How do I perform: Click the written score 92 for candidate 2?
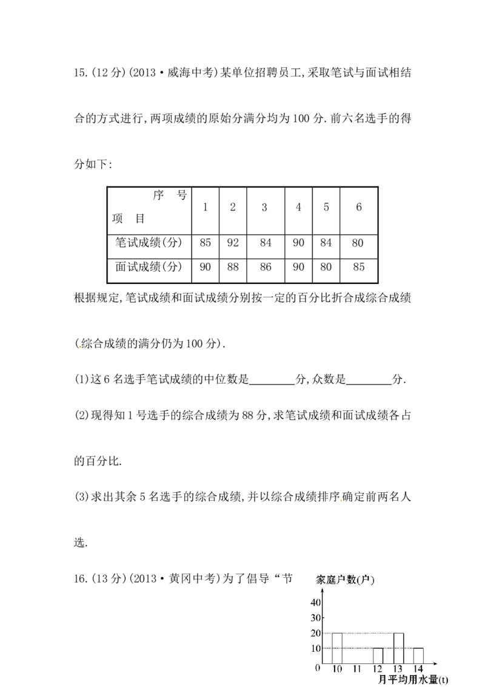233,243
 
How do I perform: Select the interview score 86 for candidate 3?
266,267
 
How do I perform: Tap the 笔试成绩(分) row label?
149,242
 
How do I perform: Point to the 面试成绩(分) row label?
149,266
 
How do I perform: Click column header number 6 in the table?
358,207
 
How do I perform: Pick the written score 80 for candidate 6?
358,243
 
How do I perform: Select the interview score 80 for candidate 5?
326,267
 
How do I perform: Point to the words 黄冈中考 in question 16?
193,578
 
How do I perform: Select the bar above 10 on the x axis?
337,648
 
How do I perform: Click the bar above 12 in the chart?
378,655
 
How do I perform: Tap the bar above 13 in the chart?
398,648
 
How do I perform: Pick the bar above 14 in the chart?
418,655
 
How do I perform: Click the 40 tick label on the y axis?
316,603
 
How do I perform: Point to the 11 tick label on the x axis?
357,669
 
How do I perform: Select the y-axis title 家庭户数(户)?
345,580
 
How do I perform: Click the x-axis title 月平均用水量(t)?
413,680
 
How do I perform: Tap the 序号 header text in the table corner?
170,195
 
